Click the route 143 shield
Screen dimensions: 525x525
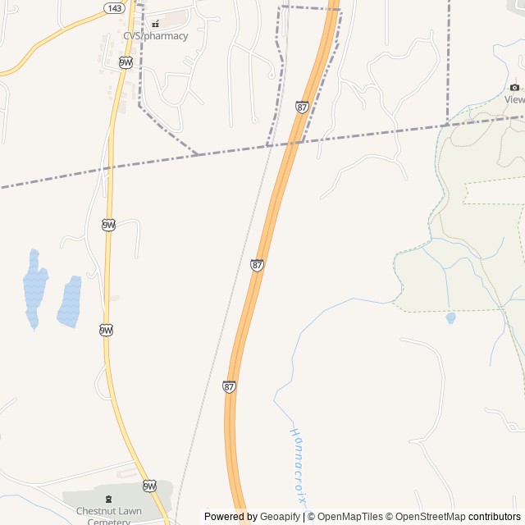point(114,7)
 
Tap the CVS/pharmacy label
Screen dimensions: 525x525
point(155,36)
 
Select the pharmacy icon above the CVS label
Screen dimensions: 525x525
point(155,24)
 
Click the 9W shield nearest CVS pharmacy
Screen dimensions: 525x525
point(126,62)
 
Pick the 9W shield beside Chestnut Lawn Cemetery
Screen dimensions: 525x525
point(149,486)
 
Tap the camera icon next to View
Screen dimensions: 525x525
point(514,87)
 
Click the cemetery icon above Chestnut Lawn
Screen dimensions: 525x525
point(108,498)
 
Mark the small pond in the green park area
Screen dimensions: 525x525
point(450,317)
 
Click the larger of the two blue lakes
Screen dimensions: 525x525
point(34,288)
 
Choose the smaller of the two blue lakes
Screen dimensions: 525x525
point(69,301)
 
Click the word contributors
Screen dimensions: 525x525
point(494,517)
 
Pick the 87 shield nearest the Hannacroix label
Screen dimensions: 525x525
point(230,386)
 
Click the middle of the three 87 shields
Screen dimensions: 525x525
point(257,266)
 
